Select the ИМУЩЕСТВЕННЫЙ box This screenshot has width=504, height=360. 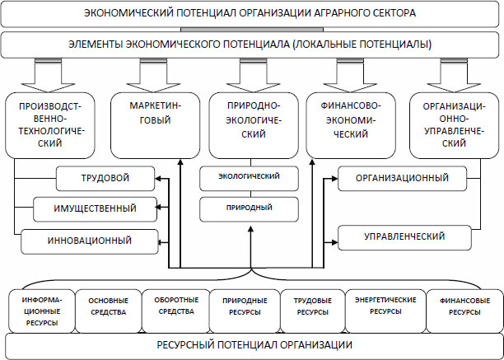click(95, 208)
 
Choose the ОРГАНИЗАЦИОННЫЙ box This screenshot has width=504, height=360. click(401, 178)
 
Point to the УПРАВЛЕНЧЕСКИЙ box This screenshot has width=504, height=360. click(404, 237)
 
